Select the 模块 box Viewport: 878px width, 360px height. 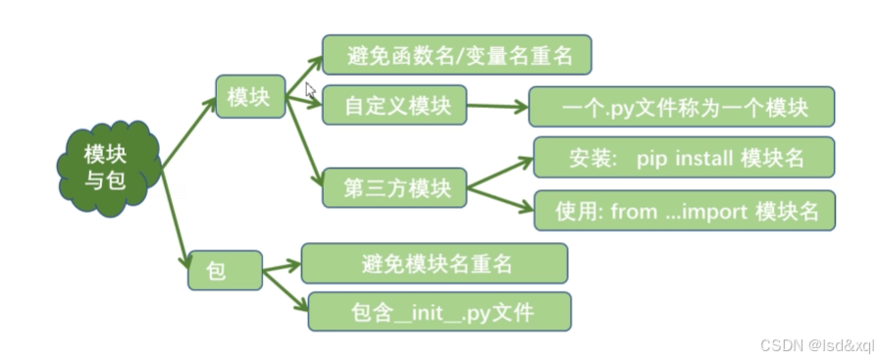point(249,98)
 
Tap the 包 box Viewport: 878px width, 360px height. point(225,270)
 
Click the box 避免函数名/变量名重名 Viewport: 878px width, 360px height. point(457,56)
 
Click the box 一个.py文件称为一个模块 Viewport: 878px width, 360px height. point(681,107)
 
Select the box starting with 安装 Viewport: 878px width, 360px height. point(683,157)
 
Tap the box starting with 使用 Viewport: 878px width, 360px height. point(683,210)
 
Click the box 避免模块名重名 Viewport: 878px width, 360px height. point(434,263)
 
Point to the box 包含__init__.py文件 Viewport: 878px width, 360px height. point(439,311)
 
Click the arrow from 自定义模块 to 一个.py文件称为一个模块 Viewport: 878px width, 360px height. point(496,106)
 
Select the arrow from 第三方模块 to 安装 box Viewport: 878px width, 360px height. point(499,171)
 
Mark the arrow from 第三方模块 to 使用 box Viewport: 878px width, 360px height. point(499,196)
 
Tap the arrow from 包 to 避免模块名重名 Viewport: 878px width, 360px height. point(281,265)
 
